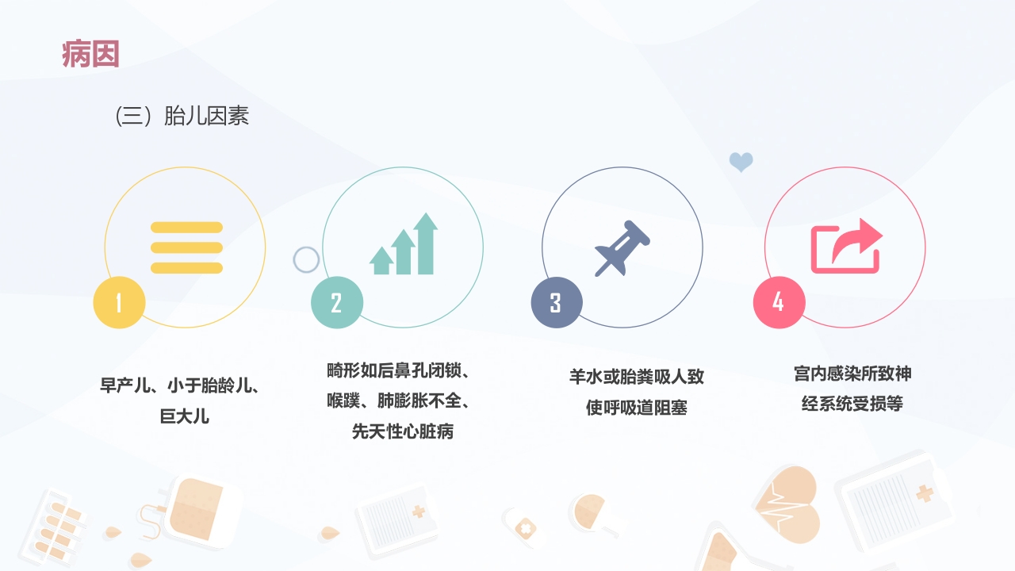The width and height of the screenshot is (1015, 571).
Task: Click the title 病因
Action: point(90,55)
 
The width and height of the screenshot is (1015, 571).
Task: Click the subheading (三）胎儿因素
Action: point(182,117)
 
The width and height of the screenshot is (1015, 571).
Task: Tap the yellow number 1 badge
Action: point(119,302)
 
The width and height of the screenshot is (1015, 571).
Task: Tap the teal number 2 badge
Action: point(336,302)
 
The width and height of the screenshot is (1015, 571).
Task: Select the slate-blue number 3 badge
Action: point(556,302)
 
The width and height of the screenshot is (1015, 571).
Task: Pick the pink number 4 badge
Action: point(778,302)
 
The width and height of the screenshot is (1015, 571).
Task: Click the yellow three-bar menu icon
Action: point(186,247)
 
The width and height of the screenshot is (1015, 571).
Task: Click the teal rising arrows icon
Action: point(404,245)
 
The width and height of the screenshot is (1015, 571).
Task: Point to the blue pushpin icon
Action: point(622,247)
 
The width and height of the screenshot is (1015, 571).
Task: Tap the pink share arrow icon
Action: point(845,247)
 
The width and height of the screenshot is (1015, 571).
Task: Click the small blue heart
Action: point(741,163)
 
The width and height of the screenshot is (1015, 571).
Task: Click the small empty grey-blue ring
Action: point(306,259)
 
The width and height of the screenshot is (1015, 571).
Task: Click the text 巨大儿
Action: point(185,416)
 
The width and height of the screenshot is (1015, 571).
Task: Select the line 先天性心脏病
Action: point(403,432)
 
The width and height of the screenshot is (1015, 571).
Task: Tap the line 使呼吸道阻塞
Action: point(636,408)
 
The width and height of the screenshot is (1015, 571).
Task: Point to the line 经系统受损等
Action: point(852,404)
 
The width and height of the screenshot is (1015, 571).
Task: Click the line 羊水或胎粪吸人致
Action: point(636,376)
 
